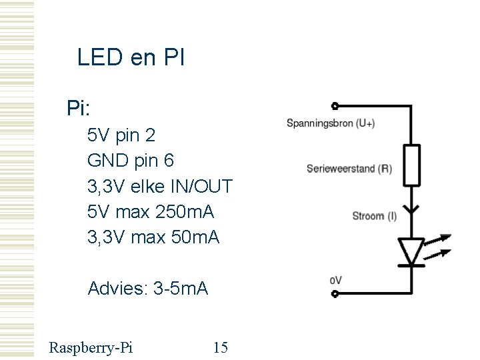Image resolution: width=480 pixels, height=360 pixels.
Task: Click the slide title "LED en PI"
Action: tap(131, 58)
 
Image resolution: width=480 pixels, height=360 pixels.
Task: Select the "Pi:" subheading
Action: tap(79, 107)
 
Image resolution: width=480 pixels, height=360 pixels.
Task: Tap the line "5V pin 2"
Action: tap(121, 135)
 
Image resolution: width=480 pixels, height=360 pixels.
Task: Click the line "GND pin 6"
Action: tap(131, 161)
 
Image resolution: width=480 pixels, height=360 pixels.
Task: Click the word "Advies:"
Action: tap(118, 289)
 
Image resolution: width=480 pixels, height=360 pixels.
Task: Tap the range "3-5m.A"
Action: tap(181, 289)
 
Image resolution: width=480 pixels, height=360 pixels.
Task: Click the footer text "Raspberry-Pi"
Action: tap(91, 347)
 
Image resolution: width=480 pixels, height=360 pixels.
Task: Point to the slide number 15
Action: tap(220, 347)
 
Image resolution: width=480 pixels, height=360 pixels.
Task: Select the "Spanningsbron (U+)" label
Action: tap(331, 123)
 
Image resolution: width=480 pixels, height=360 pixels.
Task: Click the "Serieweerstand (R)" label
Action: tap(349, 169)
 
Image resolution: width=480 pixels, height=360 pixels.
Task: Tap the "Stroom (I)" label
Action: tap(374, 215)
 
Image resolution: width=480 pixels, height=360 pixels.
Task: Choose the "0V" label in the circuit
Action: tap(335, 281)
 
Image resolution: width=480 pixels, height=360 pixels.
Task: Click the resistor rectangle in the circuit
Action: tap(412, 165)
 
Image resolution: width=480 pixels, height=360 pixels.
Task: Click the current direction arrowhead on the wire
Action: tap(412, 209)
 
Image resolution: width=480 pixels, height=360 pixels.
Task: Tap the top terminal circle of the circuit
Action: tap(335, 106)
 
